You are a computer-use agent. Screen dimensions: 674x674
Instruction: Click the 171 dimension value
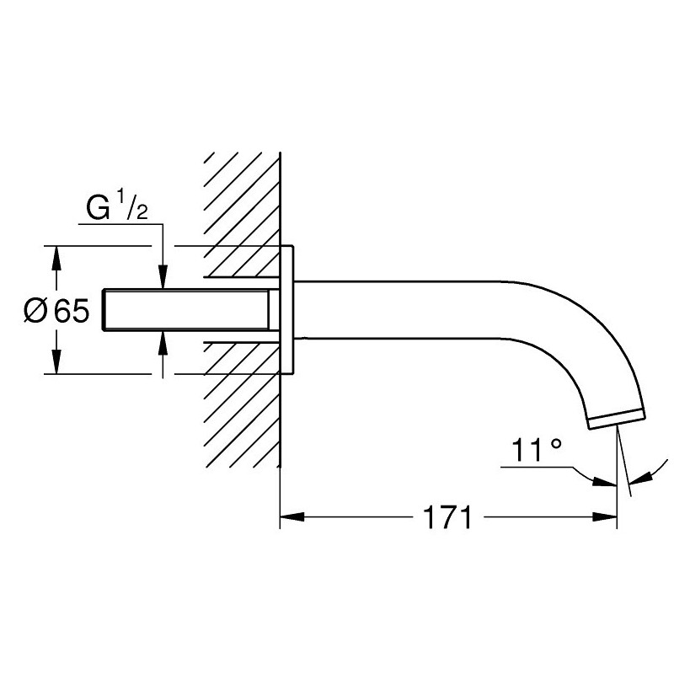446,516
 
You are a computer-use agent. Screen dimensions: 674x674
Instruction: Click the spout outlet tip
620,419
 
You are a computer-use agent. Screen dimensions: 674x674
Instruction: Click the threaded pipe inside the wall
190,309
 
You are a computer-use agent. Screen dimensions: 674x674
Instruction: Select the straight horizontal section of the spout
404,309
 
